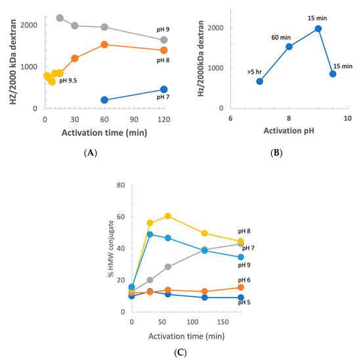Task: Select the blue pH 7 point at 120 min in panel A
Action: point(164,89)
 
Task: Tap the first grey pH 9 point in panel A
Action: point(60,18)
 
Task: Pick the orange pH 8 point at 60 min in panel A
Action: point(104,45)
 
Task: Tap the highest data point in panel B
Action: point(318,29)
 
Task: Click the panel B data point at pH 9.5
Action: point(333,74)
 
